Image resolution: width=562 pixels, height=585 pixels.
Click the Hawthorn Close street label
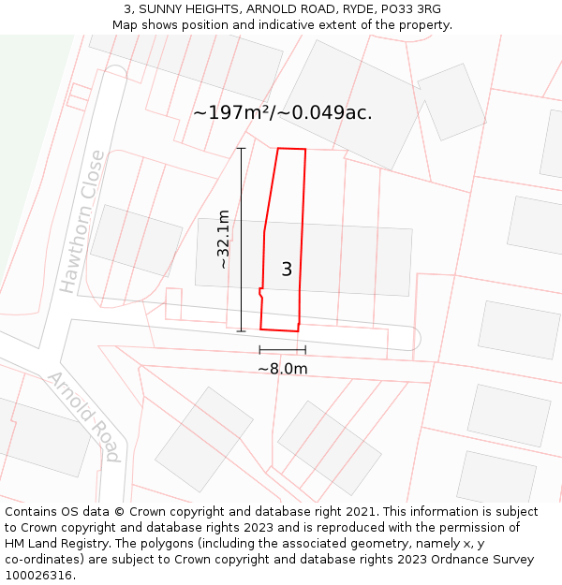81,222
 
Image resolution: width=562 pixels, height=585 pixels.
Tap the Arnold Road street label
84,417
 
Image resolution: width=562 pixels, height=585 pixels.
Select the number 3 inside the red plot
287,270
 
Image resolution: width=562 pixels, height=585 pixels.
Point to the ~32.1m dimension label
223,240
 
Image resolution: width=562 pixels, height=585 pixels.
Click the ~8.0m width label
282,369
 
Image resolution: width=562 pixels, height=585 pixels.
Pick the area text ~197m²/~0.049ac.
282,112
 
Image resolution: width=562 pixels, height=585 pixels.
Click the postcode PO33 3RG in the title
411,9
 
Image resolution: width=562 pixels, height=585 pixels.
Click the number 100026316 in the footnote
37,576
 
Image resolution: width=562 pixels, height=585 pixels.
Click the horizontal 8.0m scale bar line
282,350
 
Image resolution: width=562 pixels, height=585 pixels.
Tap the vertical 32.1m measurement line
241,240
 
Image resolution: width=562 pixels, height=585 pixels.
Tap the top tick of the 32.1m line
241,148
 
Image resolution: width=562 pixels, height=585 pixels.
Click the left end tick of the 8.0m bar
259,350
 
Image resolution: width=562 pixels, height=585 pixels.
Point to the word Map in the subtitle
126,25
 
